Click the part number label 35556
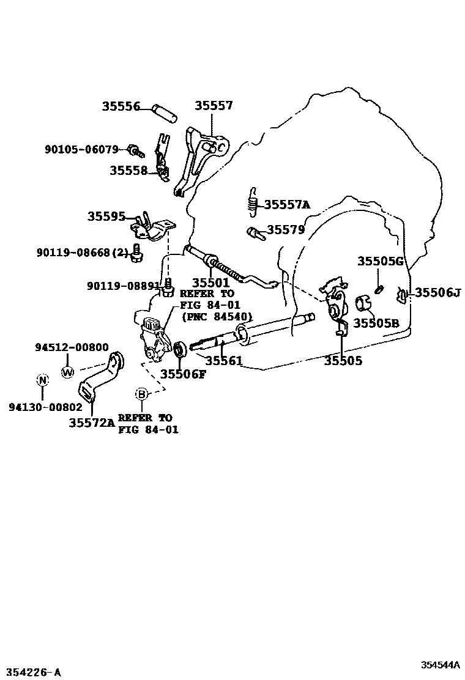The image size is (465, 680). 121,106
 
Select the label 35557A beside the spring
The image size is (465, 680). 287,205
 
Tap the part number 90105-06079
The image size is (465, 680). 81,149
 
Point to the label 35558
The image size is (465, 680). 128,171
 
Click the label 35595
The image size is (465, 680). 106,216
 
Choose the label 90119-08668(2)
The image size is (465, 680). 91,250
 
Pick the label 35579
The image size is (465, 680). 286,230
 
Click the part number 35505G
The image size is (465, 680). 381,262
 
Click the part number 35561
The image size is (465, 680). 223,361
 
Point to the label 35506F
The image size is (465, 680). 183,374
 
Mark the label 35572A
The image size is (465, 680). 91,422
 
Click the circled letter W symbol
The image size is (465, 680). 68,371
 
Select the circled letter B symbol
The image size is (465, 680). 142,394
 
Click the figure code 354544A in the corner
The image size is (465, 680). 439,665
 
